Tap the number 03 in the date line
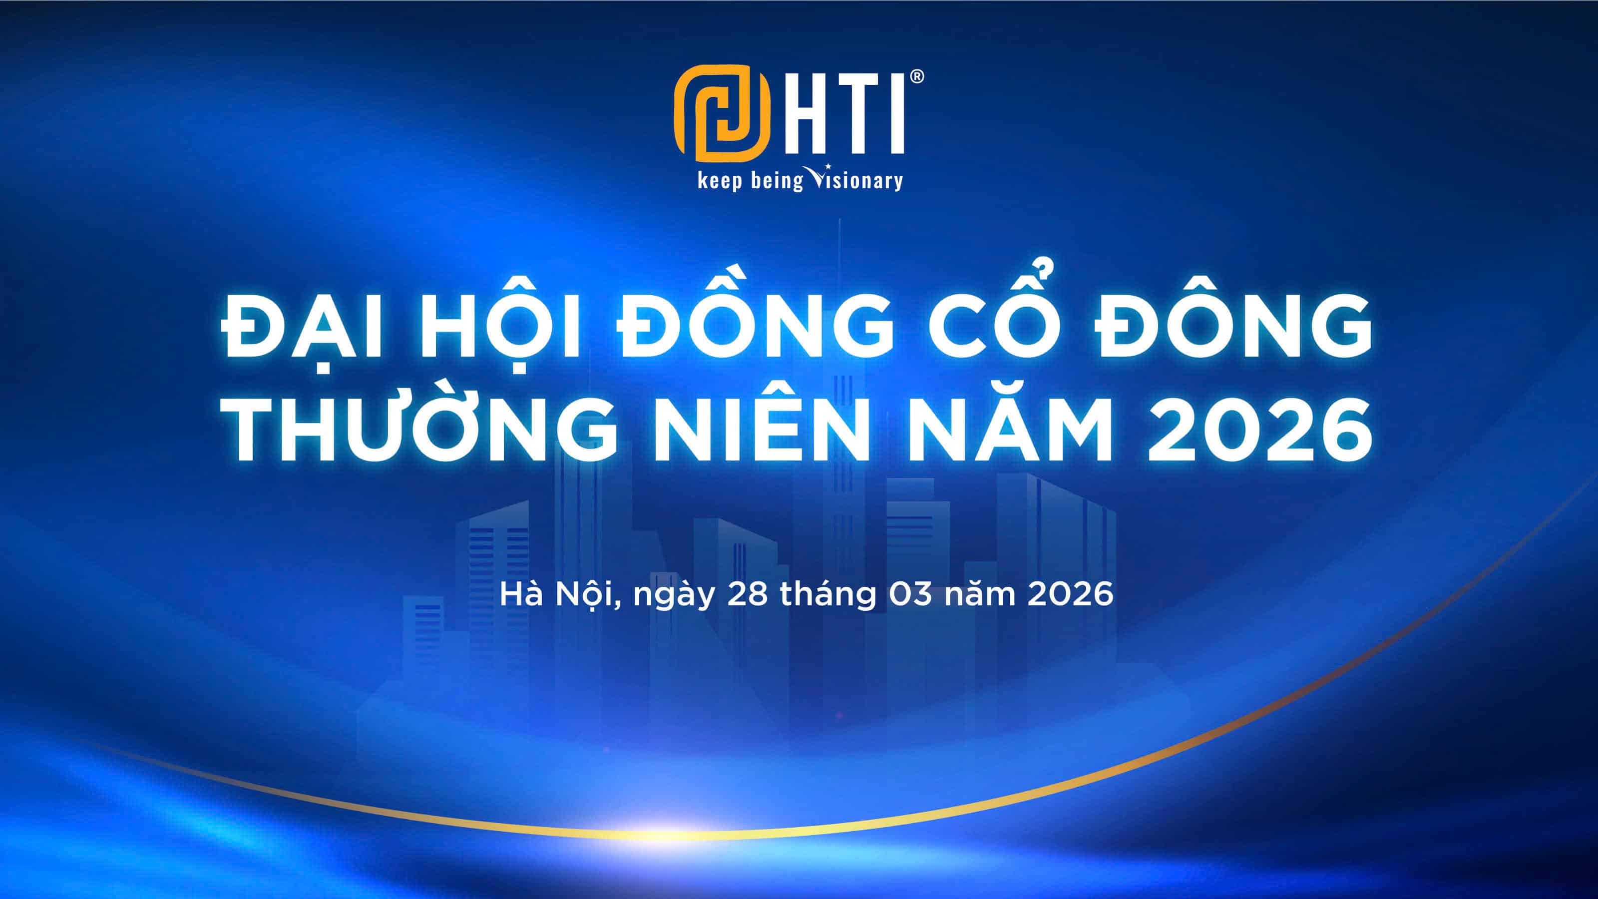pos(910,594)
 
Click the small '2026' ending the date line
pos(1070,594)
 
